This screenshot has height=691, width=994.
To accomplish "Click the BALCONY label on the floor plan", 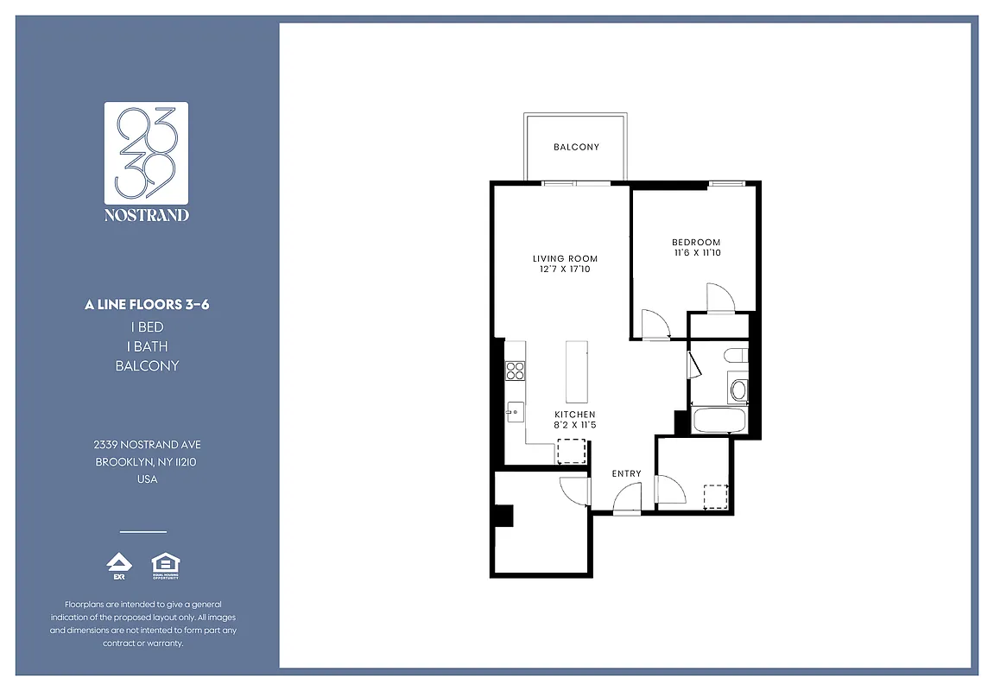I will tap(576, 148).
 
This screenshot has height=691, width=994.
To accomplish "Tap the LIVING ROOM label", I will tap(565, 259).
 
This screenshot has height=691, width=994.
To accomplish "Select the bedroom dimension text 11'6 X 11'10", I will tap(696, 253).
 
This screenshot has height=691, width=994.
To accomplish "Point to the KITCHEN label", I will tap(575, 415).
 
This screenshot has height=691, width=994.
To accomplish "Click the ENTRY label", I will tap(626, 473).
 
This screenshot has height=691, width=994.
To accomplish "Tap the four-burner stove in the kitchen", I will tap(516, 371).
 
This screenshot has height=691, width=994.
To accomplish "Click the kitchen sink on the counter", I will tap(515, 412).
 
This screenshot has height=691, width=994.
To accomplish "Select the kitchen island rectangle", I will tap(577, 371).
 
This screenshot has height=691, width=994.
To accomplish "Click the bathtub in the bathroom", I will tap(720, 422).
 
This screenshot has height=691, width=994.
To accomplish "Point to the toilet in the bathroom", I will tap(737, 354).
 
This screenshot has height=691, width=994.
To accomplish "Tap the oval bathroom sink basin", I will tap(738, 390).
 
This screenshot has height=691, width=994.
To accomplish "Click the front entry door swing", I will tap(628, 499).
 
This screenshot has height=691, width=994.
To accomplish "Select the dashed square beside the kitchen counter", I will tap(571, 452).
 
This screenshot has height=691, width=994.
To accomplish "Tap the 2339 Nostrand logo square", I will tap(147, 152).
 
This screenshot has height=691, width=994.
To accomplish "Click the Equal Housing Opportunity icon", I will tap(165, 566).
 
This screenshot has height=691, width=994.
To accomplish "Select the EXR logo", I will tap(118, 566).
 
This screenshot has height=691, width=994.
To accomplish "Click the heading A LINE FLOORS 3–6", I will tap(147, 305).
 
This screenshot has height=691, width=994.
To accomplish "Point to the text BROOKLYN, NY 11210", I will tap(147, 462).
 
